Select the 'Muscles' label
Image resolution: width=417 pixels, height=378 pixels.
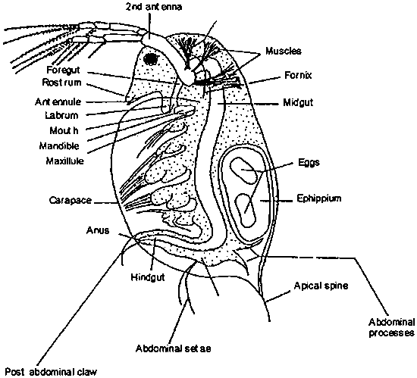pos(284,51)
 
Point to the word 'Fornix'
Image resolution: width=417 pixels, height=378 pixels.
pos(296,76)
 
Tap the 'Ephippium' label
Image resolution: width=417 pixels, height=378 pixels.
pos(317,198)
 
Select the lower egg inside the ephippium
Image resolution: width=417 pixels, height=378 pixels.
pos(246,206)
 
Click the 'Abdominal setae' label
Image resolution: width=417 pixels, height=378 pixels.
pos(174,348)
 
